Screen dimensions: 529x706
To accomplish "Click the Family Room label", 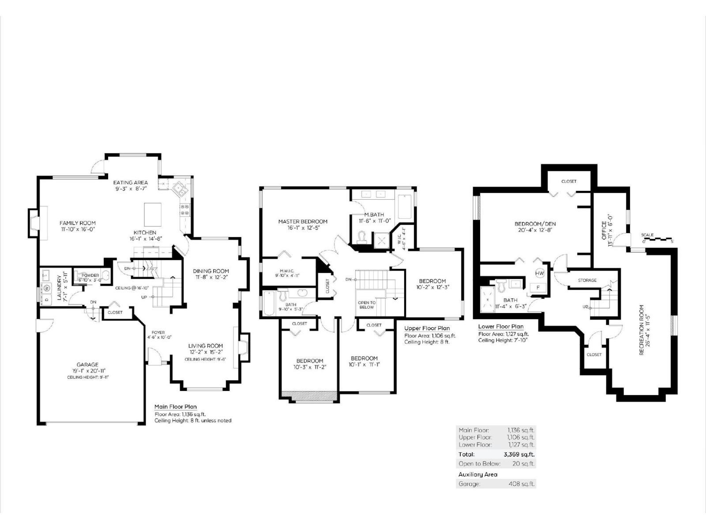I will (78, 223).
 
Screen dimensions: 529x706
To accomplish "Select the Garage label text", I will (87, 365).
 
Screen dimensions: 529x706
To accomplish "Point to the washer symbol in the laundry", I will (47, 288).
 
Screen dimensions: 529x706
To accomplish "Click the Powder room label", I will (90, 276).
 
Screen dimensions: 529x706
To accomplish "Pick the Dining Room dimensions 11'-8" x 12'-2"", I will (211, 277).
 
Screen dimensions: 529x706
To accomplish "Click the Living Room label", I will (206, 346).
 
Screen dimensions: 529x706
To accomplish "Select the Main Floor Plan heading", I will (176, 407).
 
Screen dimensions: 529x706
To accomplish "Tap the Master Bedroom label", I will (303, 221).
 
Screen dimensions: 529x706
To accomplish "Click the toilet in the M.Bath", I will (363, 237).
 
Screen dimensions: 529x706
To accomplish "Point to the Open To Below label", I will (367, 305).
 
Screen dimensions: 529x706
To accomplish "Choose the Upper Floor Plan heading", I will (427, 328).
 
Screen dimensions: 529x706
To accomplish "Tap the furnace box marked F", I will (538, 287).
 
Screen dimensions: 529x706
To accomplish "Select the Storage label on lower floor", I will (587, 280).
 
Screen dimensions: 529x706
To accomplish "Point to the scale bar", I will (657, 239).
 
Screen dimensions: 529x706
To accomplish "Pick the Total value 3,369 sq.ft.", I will (519, 454).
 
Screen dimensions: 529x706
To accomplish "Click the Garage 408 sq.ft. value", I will (522, 484).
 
